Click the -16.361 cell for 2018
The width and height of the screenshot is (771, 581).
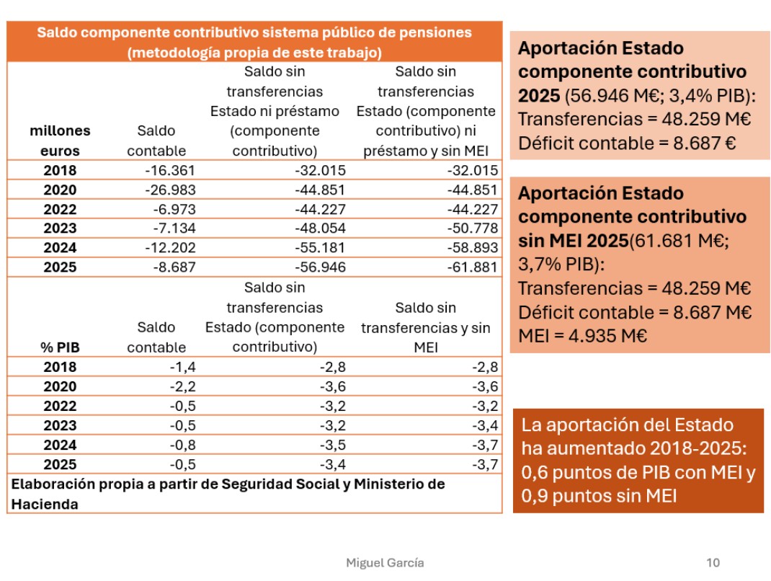(x=170, y=170)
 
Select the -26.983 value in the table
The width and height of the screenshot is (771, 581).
(x=170, y=190)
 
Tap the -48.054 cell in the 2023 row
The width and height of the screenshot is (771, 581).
(x=320, y=229)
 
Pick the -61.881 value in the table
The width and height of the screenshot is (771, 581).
(x=473, y=267)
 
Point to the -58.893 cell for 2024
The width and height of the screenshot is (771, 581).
(x=473, y=247)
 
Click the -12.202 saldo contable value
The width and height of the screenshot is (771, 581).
(x=170, y=247)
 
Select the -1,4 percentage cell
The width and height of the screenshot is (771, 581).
(x=182, y=367)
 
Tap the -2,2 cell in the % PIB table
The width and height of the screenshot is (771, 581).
(x=182, y=386)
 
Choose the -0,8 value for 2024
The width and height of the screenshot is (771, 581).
(x=182, y=445)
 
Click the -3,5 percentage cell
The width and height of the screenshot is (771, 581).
(x=333, y=445)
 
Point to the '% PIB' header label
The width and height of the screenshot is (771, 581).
(x=60, y=347)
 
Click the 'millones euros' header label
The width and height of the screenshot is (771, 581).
(x=60, y=141)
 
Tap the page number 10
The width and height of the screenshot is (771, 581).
(x=713, y=563)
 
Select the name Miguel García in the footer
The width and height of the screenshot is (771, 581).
(x=385, y=563)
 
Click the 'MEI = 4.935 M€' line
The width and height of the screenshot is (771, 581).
(x=583, y=336)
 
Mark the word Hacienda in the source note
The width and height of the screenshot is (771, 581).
(x=45, y=505)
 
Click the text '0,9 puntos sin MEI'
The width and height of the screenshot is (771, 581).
(x=599, y=496)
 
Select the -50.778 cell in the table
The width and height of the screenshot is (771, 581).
(x=473, y=229)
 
